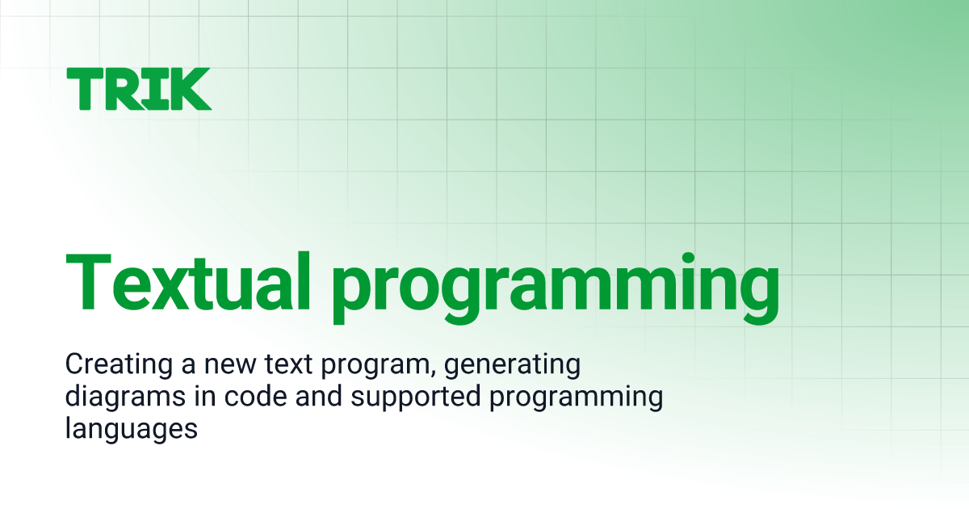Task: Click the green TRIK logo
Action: pyautogui.click(x=138, y=89)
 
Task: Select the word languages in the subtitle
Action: pyautogui.click(x=131, y=431)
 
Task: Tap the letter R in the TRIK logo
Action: pyautogui.click(x=121, y=89)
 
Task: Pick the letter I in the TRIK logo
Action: pyautogui.click(x=153, y=89)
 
